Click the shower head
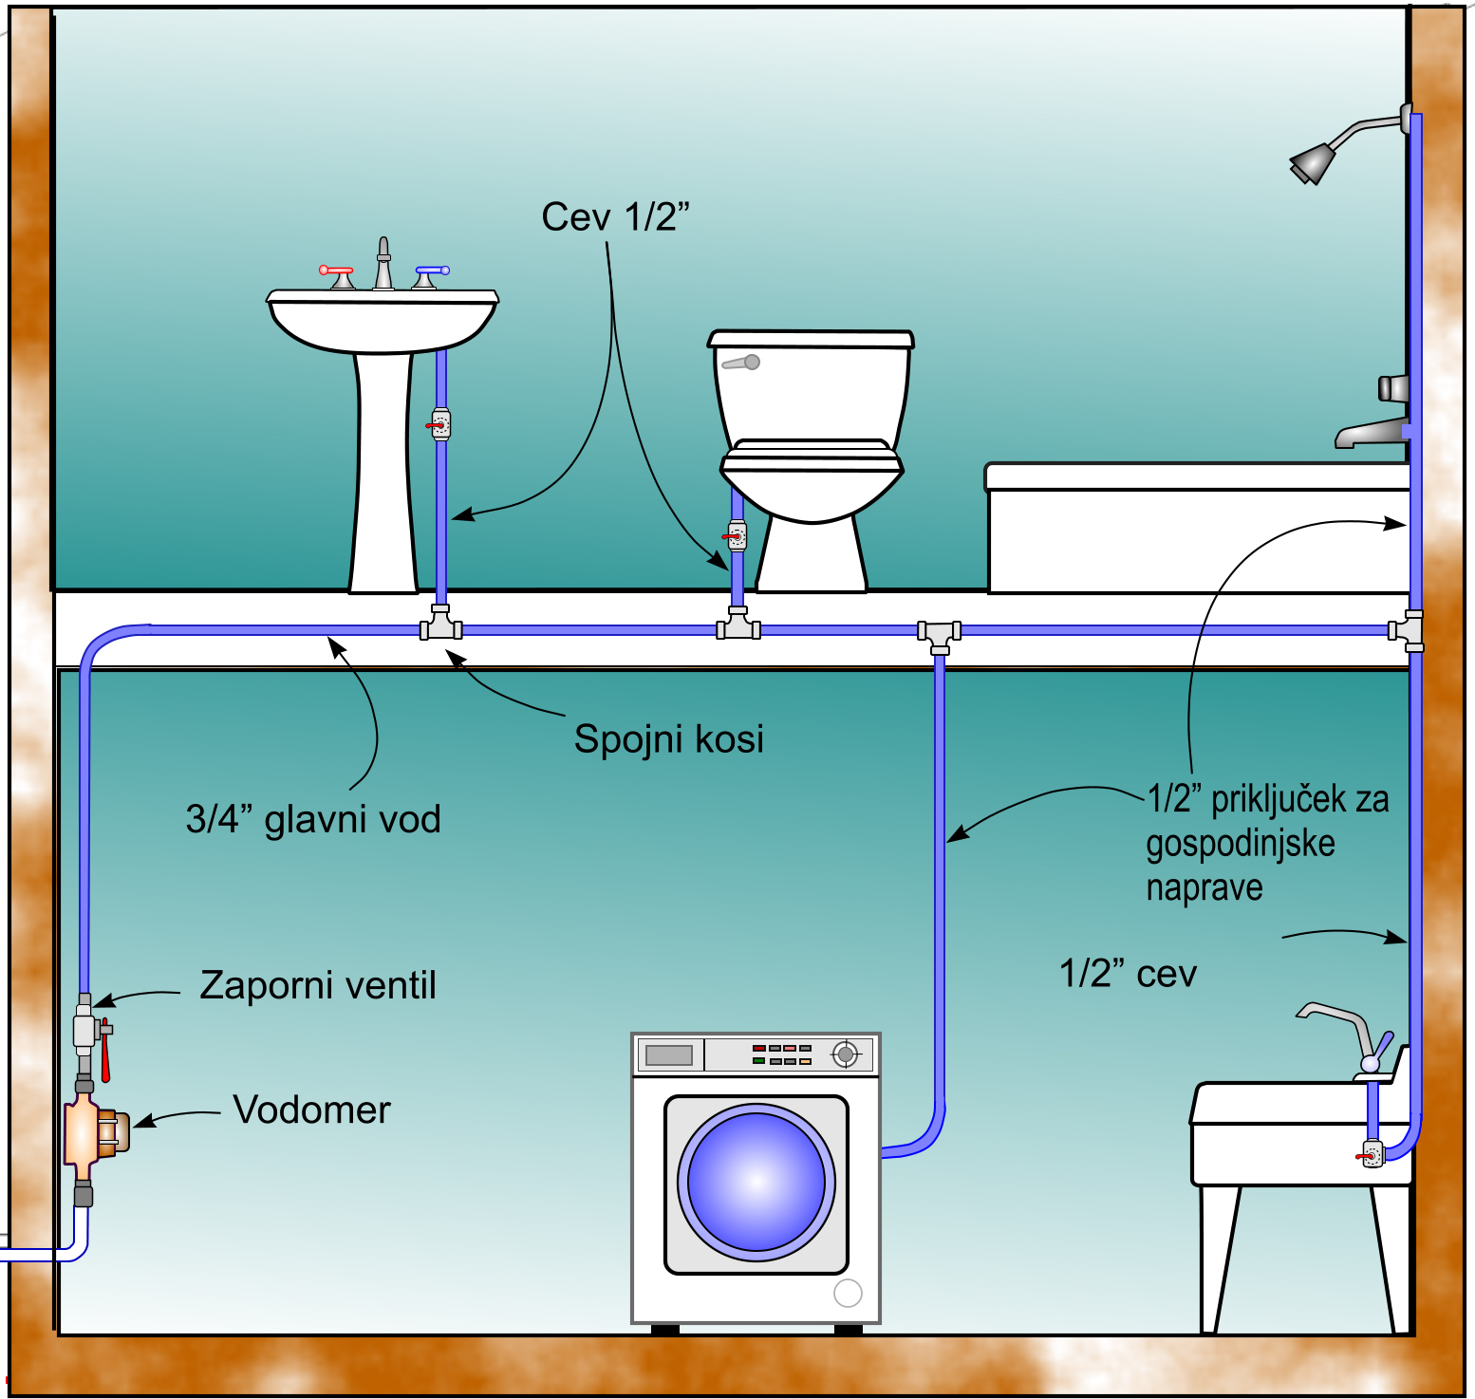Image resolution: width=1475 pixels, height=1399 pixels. (1312, 162)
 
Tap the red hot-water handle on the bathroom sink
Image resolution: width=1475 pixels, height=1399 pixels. (336, 271)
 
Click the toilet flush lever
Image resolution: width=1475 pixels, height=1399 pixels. (741, 363)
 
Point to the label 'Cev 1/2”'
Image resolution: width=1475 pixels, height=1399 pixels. (615, 217)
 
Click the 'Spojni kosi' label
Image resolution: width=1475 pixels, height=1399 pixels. (669, 739)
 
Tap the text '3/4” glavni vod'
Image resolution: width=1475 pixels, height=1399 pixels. (313, 819)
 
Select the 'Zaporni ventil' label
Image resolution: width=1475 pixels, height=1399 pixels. (318, 985)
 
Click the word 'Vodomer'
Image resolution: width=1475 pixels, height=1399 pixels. (312, 1110)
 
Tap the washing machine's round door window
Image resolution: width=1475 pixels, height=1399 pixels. (756, 1183)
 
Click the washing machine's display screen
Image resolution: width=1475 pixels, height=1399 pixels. (669, 1054)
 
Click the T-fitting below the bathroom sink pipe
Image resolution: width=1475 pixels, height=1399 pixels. (441, 624)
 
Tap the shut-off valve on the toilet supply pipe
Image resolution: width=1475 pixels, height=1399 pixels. (737, 537)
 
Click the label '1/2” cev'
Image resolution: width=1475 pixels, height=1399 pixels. (1128, 974)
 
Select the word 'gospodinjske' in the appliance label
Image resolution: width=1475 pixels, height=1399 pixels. (1241, 844)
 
